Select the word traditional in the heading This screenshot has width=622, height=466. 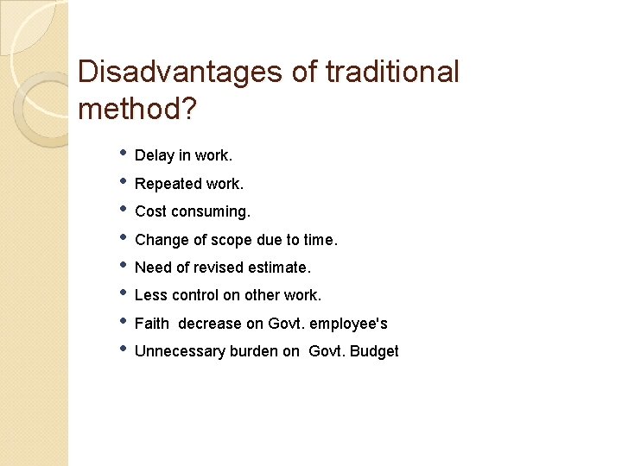point(392,72)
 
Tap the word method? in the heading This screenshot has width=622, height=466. point(136,110)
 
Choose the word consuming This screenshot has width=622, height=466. point(199,211)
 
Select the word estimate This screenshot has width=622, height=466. point(282,268)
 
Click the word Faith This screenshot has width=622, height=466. point(152,324)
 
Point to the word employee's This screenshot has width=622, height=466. point(349,324)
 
